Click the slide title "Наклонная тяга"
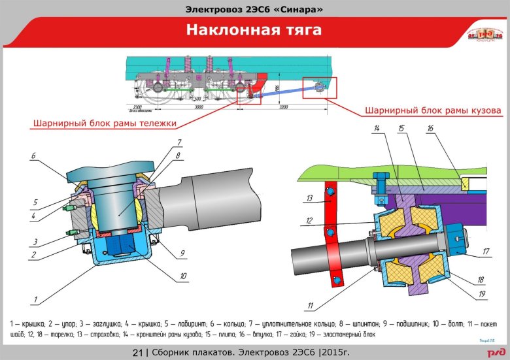[x=254, y=30]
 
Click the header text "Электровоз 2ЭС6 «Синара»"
[x=254, y=8]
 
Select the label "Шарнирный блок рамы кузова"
[x=432, y=110]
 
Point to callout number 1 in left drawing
[x=35, y=300]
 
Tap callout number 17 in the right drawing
[x=486, y=250]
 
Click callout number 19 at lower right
[x=483, y=294]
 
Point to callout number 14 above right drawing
[x=376, y=129]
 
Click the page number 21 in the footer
[x=138, y=353]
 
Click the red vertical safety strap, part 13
[x=334, y=229]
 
